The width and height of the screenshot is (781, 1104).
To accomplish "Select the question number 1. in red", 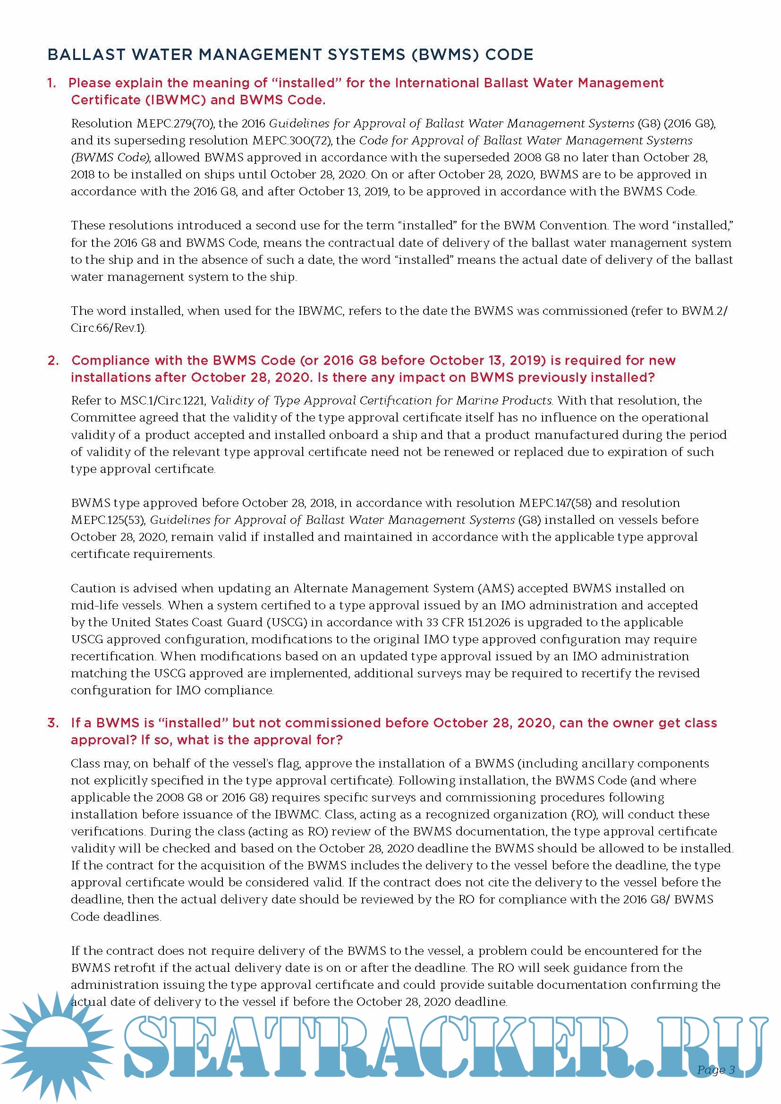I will [51, 83].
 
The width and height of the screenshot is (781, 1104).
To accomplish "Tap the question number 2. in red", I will [53, 361].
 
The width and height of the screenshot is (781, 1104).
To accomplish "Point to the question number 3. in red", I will [53, 723].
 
